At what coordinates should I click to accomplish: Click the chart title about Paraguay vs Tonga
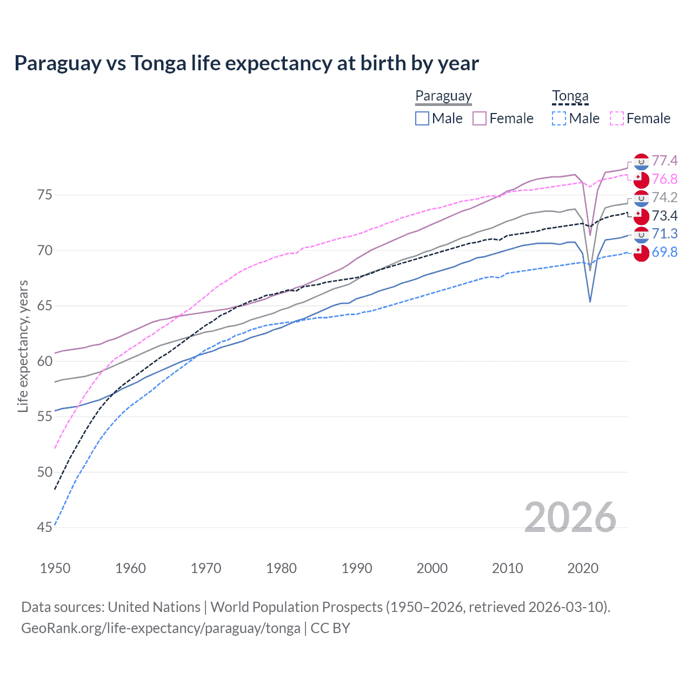click(x=247, y=63)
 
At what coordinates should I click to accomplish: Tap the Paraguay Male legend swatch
click(x=422, y=118)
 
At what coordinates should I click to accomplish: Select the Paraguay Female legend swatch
click(x=480, y=118)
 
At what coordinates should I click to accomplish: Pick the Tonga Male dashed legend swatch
click(x=559, y=118)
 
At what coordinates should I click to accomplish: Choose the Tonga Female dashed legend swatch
click(x=616, y=118)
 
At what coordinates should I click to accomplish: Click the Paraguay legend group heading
click(x=443, y=96)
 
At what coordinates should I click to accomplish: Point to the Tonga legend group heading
click(x=570, y=96)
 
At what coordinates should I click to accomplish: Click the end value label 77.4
click(x=664, y=161)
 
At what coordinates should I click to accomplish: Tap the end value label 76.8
click(x=664, y=179)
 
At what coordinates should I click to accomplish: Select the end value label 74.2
click(x=664, y=197)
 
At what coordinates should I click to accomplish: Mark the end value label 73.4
click(x=664, y=216)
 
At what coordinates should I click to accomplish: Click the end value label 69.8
click(x=664, y=252)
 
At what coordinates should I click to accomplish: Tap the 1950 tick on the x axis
click(x=55, y=568)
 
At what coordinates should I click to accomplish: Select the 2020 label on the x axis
click(x=583, y=568)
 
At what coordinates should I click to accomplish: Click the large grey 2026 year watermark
click(x=570, y=517)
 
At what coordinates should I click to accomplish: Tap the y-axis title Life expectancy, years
click(x=23, y=346)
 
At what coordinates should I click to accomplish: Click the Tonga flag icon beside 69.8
click(x=641, y=252)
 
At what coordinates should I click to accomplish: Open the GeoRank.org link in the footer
click(x=161, y=628)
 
